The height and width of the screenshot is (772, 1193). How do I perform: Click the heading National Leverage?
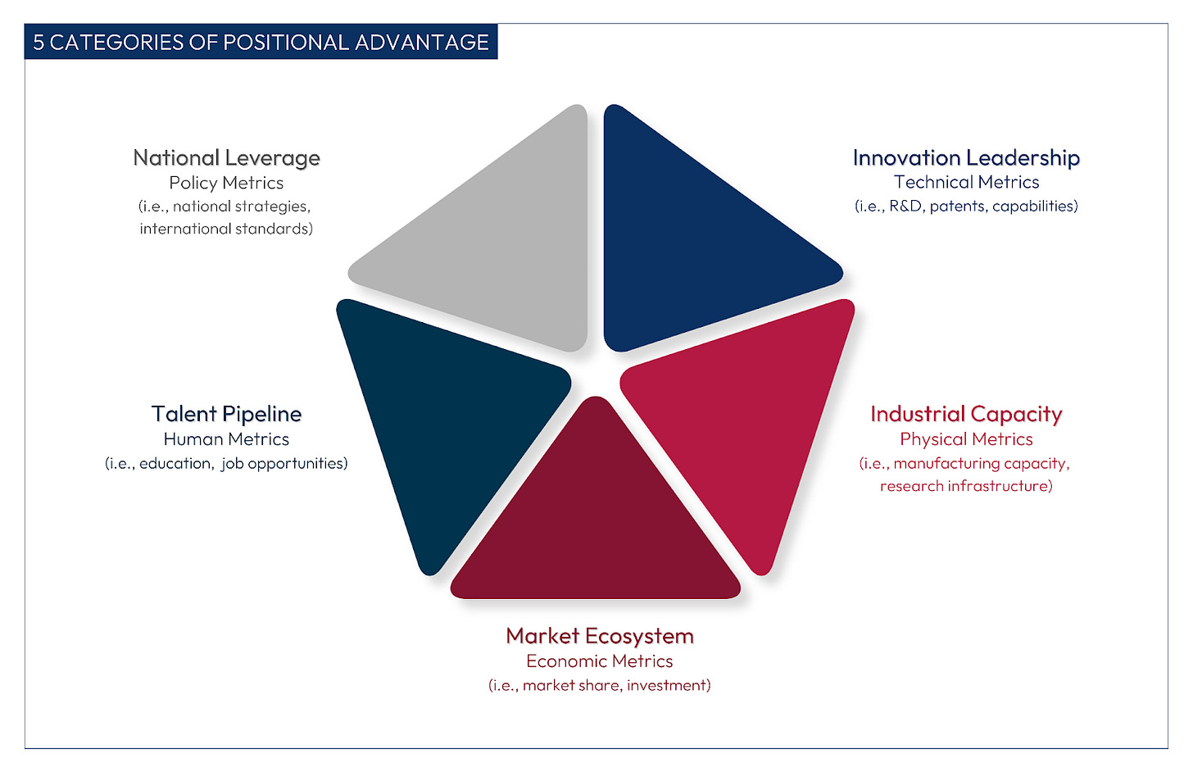(x=226, y=157)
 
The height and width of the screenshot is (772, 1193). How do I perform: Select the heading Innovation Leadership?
(x=966, y=157)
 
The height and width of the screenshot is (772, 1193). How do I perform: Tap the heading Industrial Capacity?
(x=966, y=414)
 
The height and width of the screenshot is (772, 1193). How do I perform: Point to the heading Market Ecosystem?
(x=600, y=636)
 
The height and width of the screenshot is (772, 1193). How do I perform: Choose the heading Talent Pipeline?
(x=226, y=414)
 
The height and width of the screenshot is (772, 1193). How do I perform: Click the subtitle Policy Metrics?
(x=226, y=183)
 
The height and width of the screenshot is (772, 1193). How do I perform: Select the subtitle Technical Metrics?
(x=966, y=182)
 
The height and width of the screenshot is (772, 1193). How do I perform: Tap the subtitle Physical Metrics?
(x=966, y=439)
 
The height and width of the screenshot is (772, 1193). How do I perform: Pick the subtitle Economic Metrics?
(x=600, y=661)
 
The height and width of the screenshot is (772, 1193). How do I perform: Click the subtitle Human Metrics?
(x=226, y=439)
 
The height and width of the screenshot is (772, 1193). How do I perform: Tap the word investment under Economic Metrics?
(x=666, y=685)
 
